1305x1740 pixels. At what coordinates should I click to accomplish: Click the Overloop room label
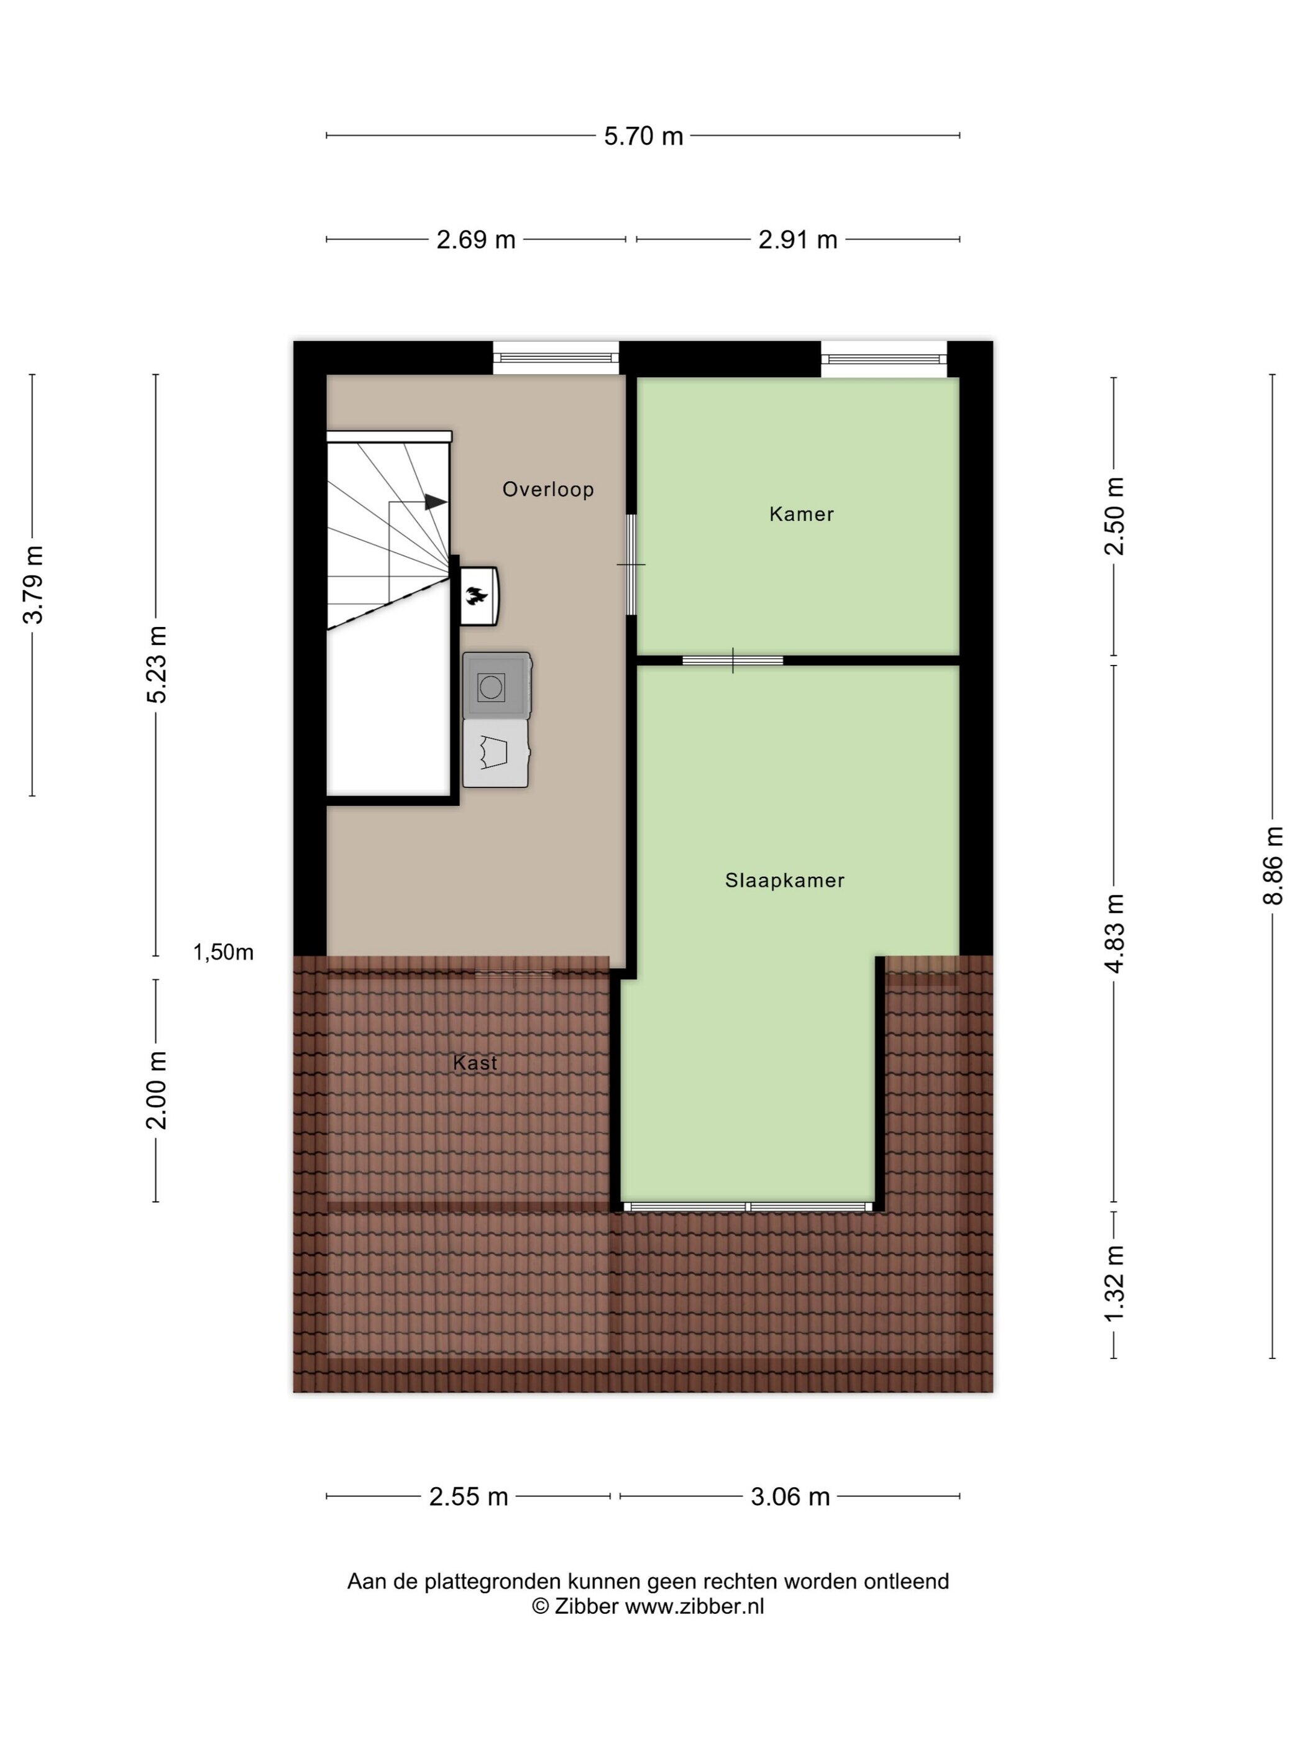[x=547, y=489]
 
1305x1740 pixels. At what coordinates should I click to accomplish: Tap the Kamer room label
[x=801, y=514]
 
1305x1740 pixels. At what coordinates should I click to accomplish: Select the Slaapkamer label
[x=784, y=880]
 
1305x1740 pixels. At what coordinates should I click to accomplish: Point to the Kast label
[x=475, y=1063]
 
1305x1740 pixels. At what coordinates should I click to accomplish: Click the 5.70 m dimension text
[x=643, y=136]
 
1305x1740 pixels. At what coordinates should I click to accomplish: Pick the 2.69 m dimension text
[x=475, y=239]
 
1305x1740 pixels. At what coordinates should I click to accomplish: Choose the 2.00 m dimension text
[x=156, y=1090]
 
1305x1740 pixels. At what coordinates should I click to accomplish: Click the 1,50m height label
[x=223, y=953]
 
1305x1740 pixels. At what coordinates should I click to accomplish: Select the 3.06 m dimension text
[x=790, y=1496]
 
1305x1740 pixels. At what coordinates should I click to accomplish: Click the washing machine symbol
[x=497, y=685]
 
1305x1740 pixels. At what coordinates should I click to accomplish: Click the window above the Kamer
[x=884, y=359]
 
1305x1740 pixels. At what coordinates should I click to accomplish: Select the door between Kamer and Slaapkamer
[x=732, y=660]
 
